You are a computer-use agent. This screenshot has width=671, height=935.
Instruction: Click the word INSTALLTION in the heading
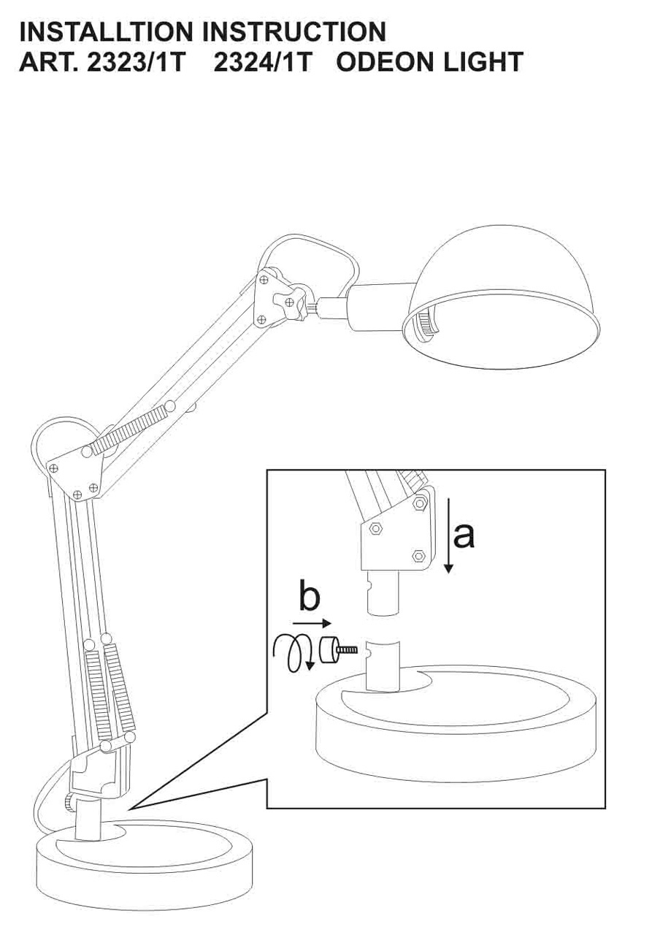(106, 31)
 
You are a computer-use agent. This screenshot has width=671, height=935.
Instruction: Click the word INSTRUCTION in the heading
(294, 31)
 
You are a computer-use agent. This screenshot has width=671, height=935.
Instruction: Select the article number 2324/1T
(263, 62)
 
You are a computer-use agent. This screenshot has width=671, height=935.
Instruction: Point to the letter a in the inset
(464, 535)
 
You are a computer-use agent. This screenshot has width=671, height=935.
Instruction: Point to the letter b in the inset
(309, 598)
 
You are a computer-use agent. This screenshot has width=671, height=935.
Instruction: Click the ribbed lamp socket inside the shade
(422, 322)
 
